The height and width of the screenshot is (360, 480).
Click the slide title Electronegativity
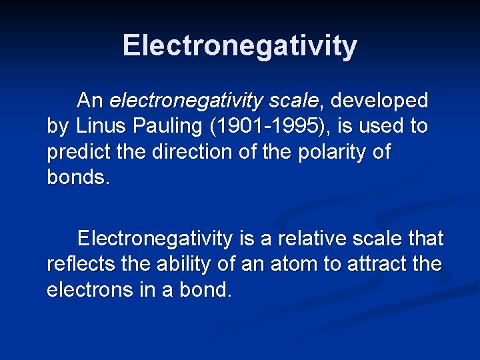240,46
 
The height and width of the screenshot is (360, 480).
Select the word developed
379,101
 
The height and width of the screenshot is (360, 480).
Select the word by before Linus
57,126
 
